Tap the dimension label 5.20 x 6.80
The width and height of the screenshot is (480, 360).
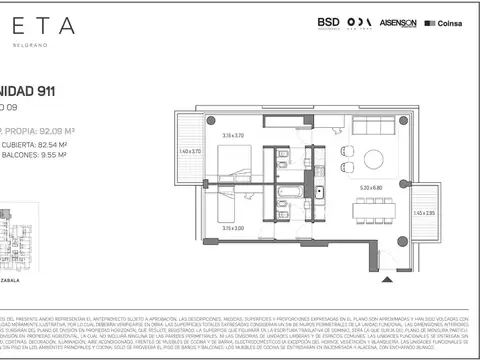pos(371,187)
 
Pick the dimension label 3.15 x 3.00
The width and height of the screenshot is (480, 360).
pos(233,228)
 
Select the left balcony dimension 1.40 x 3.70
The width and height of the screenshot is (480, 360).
pos(190,151)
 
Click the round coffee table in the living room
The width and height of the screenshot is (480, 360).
pos(373,158)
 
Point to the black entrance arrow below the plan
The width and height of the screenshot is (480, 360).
pos(379,264)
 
